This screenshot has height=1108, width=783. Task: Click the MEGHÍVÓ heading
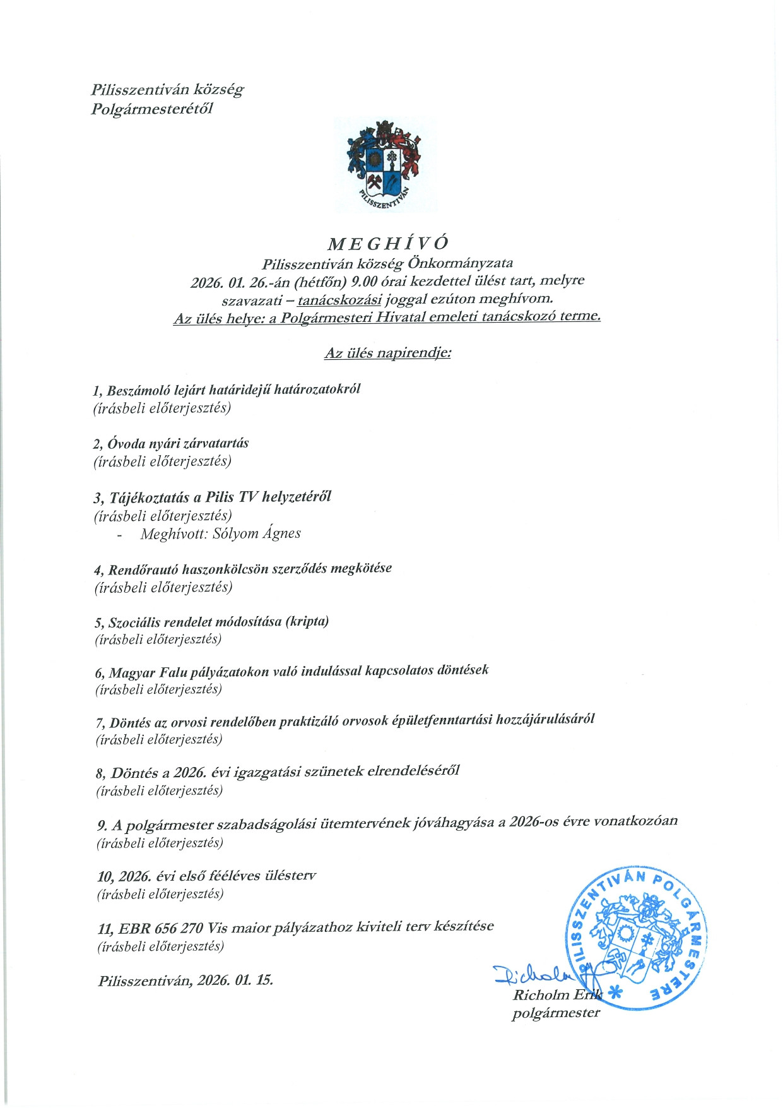388,243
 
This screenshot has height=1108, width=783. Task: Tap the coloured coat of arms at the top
384,165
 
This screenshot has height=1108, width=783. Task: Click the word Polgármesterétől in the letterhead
152,109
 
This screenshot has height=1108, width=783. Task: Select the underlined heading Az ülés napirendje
387,353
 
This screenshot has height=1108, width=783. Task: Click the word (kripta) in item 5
307,621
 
